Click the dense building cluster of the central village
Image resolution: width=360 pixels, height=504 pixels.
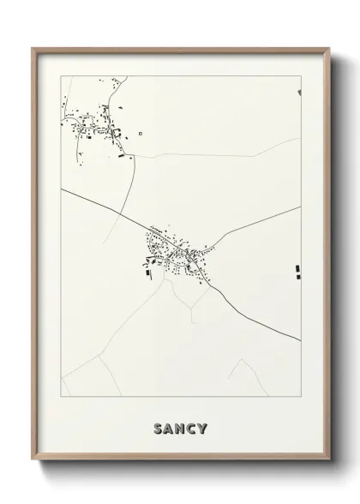[175, 252]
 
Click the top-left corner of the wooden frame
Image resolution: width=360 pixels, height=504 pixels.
[33, 49]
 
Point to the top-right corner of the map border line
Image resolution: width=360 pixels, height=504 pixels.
[301, 76]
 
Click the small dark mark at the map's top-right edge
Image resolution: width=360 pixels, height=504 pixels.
[299, 92]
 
